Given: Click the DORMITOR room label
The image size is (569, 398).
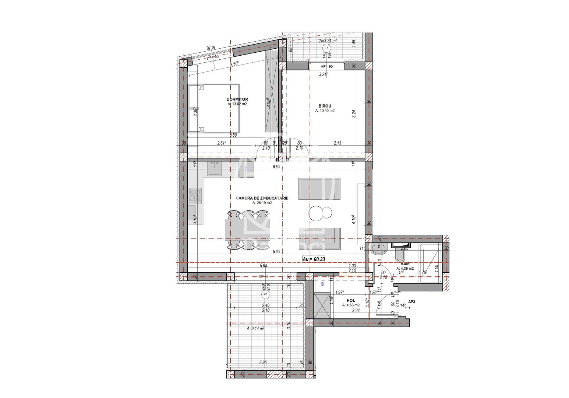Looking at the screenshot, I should click(237, 99).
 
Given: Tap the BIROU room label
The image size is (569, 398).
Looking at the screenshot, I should click(325, 106).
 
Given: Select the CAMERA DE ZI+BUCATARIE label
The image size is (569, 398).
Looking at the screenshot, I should click(262, 198).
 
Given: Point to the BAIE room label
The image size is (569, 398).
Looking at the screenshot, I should click(405, 264).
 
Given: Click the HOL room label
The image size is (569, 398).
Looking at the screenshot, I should click(350, 300).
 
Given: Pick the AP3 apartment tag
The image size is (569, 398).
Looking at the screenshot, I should click(411, 301).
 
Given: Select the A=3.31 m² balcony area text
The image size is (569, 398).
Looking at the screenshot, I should click(328, 41).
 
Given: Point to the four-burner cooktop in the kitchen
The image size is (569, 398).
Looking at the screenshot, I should click(195, 196).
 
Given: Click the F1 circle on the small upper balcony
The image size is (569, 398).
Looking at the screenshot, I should click(326, 48).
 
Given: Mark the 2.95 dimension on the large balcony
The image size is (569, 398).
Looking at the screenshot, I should click(263, 362).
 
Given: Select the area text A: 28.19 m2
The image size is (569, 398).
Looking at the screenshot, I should click(262, 203).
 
